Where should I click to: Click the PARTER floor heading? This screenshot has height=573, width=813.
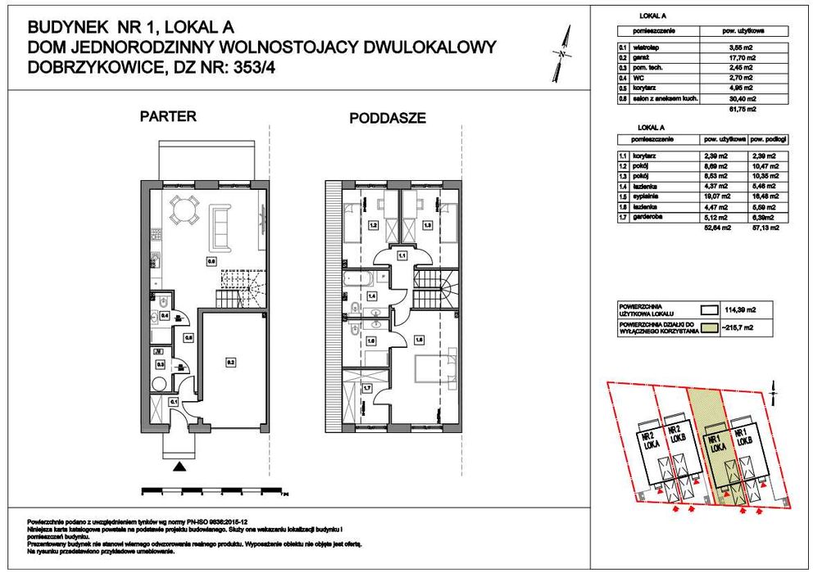(168, 116)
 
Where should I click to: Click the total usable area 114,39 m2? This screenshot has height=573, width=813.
(740, 311)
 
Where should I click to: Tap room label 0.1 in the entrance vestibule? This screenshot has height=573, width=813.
(174, 402)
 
